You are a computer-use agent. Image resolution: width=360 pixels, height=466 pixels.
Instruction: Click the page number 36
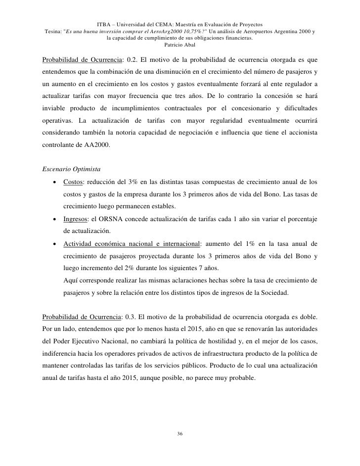tap(180, 434)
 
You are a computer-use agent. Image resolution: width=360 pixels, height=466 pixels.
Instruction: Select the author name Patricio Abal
tap(180, 45)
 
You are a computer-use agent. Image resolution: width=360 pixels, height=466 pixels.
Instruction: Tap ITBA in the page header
tap(105, 23)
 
